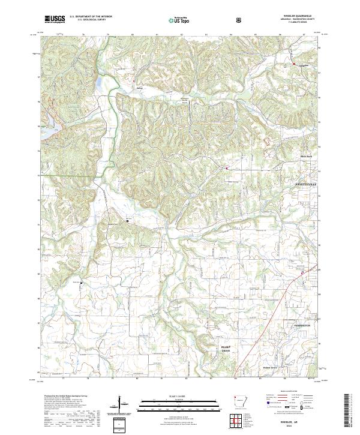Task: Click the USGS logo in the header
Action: click(55, 19)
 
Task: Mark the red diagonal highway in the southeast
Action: click(270, 318)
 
